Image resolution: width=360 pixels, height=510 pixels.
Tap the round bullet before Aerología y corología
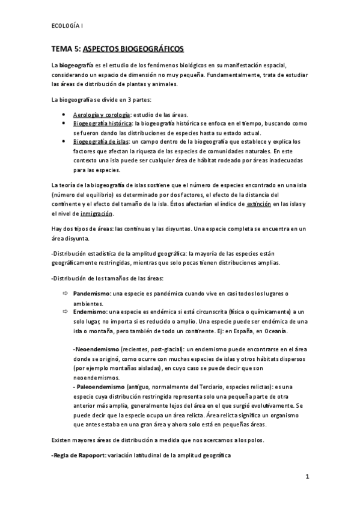click(64, 114)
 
